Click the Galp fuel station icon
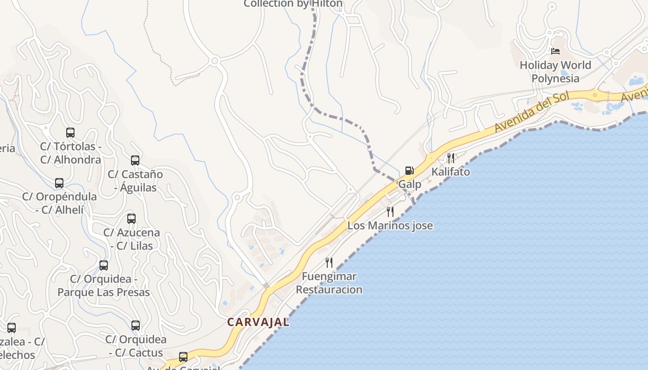409,171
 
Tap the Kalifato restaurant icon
450,158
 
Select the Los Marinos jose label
390,226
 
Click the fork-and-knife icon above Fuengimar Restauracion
329,263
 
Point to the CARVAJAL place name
258,322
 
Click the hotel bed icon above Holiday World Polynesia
555,51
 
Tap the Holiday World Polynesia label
555,72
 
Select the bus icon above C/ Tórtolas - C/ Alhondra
70,133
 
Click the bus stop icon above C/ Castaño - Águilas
135,160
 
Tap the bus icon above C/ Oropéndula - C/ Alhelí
59,183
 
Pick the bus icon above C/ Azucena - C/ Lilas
131,219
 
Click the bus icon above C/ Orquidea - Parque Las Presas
104,265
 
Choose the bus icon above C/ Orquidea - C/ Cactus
136,326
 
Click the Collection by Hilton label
293,4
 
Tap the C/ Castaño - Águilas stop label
135,181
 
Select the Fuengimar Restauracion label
329,283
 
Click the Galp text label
410,184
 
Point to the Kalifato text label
450,172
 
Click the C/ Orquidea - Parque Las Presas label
104,286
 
